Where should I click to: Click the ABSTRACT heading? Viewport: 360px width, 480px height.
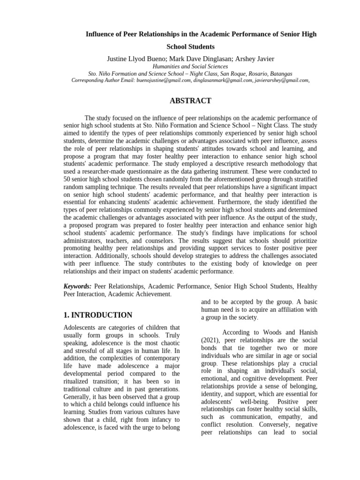click(x=190, y=101)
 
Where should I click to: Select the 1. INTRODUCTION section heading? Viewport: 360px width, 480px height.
click(x=97, y=315)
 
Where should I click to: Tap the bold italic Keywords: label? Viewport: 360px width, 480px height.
click(x=77, y=286)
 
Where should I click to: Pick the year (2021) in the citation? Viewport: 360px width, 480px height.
click(x=211, y=340)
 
